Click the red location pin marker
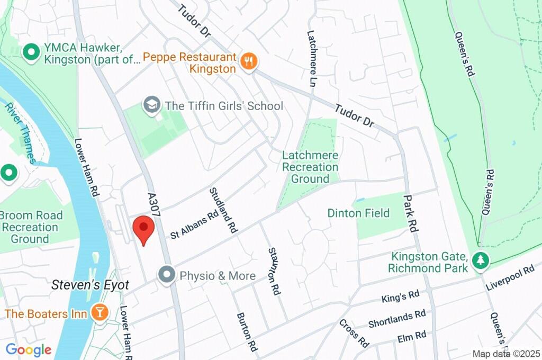143,229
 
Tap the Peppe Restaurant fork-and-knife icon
248,61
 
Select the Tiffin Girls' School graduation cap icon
152,104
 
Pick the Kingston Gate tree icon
481,260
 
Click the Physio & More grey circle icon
167,275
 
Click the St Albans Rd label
194,224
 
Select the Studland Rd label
222,210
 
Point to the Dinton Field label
358,213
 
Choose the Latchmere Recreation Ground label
310,167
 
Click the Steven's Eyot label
90,285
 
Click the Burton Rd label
247,332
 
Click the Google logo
28,349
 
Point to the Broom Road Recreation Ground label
31,227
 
